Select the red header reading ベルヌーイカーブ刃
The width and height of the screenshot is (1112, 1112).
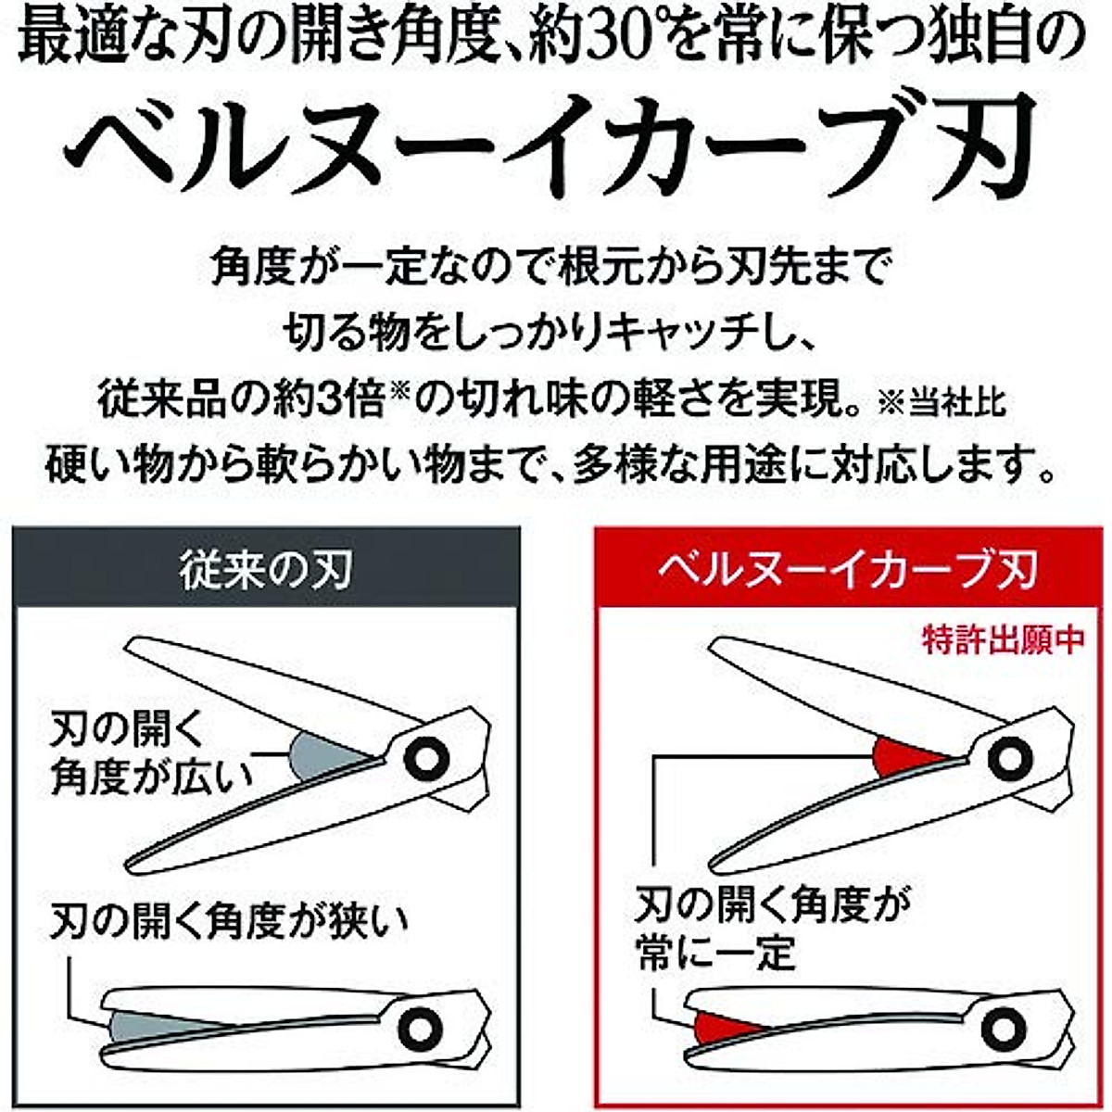[847, 568]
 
